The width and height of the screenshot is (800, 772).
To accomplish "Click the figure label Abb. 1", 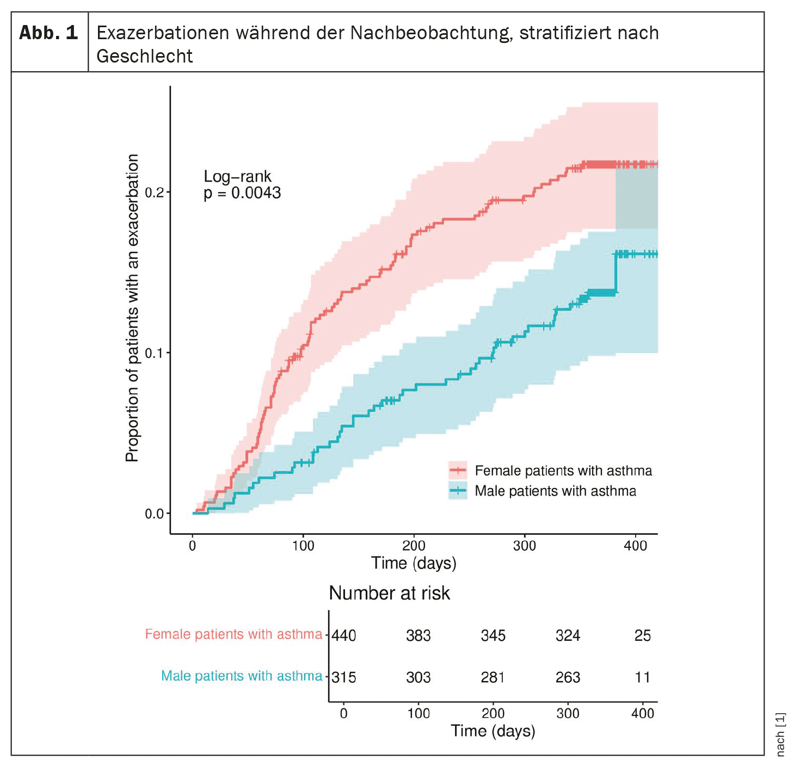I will [48, 33].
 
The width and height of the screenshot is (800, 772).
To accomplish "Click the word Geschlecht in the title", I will [144, 56].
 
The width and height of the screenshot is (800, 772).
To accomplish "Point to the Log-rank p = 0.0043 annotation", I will [242, 184].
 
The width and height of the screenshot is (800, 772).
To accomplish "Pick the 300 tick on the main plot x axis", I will [525, 546].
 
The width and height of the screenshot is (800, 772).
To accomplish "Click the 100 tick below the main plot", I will [303, 546].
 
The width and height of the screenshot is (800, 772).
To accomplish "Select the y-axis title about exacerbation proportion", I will [132, 308].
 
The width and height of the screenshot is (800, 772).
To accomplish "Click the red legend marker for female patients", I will [458, 470].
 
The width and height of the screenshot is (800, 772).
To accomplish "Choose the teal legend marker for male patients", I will [458, 491].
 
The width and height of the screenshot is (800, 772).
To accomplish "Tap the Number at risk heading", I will [389, 593].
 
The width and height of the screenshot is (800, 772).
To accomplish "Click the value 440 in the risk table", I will [344, 635].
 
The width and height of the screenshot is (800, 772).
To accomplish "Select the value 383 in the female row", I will [418, 635].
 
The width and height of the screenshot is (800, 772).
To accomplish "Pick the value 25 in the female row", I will [642, 635].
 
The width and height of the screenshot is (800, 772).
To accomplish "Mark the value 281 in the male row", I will [493, 677].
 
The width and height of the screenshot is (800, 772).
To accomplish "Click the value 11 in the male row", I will [642, 677].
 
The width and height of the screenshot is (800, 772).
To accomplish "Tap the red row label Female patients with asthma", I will [233, 634].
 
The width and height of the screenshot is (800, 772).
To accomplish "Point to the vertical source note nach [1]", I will [781, 734].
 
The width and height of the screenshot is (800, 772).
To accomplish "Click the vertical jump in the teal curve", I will [616, 274].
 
